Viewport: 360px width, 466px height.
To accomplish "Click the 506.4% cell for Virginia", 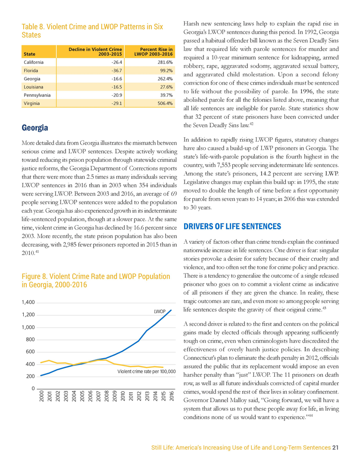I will click(165, 103).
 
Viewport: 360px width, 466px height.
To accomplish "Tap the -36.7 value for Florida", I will click(116, 70).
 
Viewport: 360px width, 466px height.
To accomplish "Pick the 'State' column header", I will click(30, 54).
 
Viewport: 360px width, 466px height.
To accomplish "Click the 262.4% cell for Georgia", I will click(165, 79).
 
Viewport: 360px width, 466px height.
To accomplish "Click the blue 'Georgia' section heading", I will click(34, 128).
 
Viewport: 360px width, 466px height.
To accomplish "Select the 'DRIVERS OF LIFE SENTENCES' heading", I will click(232, 227).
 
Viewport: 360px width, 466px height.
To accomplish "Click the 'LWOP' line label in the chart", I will click(160, 311).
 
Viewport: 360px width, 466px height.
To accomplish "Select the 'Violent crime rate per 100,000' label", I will click(147, 371).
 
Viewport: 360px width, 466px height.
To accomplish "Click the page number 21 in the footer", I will click(335, 447).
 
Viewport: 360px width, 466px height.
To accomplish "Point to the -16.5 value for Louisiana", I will click(116, 87).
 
